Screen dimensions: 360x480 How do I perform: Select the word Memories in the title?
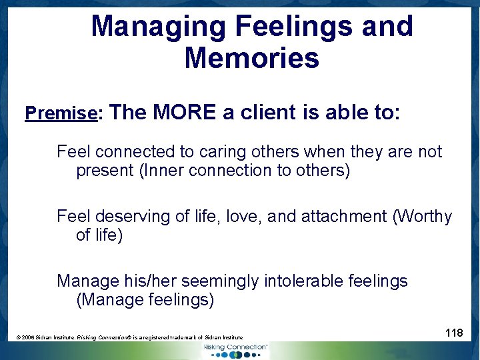251,58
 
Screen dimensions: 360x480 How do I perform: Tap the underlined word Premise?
61,113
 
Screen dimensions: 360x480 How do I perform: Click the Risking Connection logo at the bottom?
235,349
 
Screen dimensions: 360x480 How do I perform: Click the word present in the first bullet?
105,171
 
